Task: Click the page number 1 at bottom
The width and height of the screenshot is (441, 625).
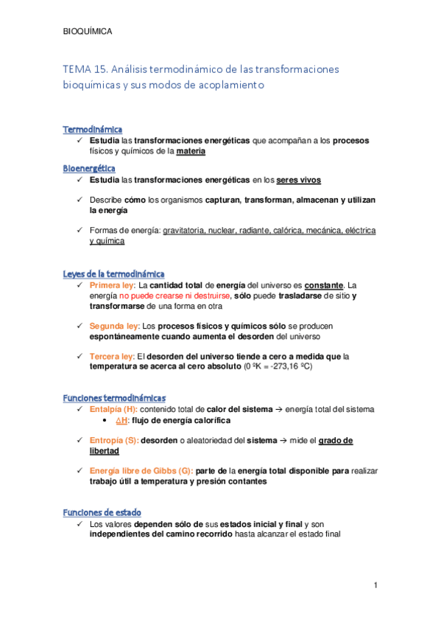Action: (x=375, y=585)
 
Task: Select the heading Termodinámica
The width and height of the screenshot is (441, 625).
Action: (x=93, y=130)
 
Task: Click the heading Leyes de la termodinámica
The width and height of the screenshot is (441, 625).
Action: (x=113, y=274)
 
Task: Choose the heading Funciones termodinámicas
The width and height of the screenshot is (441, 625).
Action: (x=114, y=398)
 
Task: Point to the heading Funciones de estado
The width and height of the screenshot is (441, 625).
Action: (x=102, y=512)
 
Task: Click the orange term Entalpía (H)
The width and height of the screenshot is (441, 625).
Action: (x=113, y=409)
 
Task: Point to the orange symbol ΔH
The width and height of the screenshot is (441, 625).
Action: (x=121, y=420)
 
